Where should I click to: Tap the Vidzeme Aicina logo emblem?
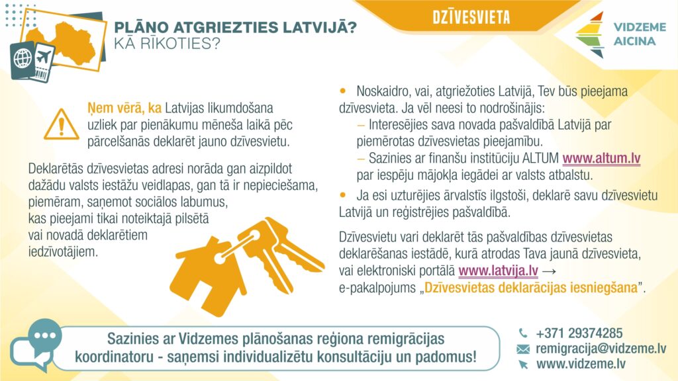pos(590,35)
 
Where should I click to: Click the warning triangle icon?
pos(61,123)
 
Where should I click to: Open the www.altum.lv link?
pos(601,159)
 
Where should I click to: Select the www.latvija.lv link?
pos(498,271)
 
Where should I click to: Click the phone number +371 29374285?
pos(579,333)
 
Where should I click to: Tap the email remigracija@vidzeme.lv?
pos(601,349)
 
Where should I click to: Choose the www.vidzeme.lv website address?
pos(581,363)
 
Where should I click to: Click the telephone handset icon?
pos(523,333)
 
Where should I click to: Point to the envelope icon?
pos(523,349)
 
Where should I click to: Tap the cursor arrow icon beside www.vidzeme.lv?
pos(523,364)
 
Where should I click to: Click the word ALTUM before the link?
pos(539,159)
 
